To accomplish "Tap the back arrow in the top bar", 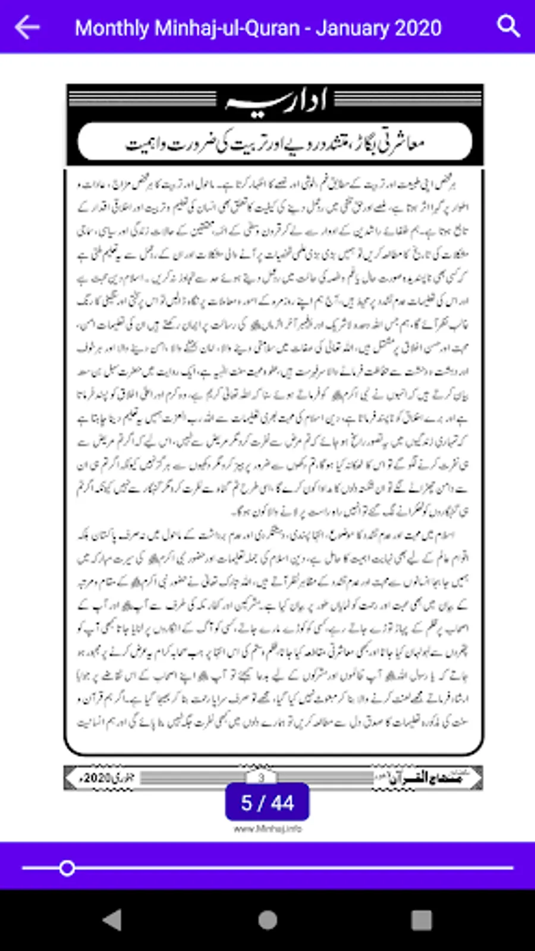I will click(x=27, y=27).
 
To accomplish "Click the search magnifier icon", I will click(x=508, y=27).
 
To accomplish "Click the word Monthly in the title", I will click(x=112, y=28).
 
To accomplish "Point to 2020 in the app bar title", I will click(x=418, y=28).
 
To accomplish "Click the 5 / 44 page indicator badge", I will click(x=267, y=802).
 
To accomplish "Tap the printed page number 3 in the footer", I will click(x=261, y=777).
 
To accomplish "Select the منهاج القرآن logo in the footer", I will click(x=425, y=777).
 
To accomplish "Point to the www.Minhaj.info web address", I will click(x=267, y=829).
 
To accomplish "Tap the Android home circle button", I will click(x=267, y=920).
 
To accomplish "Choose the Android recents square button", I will click(x=421, y=920).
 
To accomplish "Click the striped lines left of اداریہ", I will click(x=143, y=99).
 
